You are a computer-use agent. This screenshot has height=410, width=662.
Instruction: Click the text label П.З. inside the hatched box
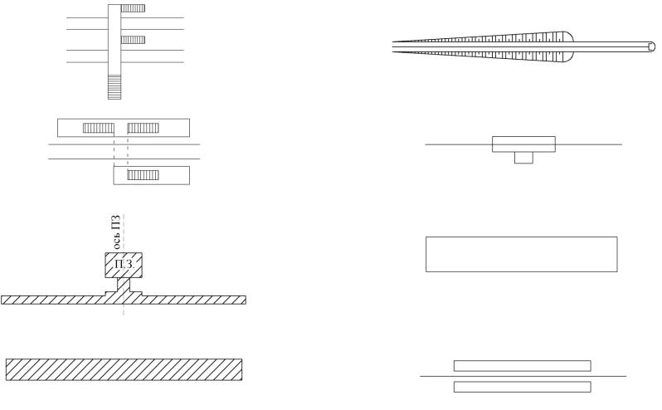click(x=124, y=265)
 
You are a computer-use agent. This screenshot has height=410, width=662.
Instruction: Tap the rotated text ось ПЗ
click(x=116, y=232)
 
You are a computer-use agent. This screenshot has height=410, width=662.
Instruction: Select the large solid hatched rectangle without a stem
click(x=124, y=369)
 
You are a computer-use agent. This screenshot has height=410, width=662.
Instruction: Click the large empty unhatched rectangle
click(x=522, y=254)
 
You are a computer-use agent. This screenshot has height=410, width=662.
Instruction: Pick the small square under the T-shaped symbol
click(x=523, y=158)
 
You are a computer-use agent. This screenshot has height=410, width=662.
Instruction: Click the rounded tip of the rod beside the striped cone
click(x=652, y=46)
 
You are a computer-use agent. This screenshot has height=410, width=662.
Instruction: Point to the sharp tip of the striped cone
click(x=393, y=46)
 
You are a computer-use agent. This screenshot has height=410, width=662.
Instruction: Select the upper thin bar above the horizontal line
click(x=523, y=366)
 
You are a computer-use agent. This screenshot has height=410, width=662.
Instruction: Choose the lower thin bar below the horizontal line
click(x=523, y=387)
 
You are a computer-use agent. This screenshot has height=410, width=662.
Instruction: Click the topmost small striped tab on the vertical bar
click(x=133, y=8)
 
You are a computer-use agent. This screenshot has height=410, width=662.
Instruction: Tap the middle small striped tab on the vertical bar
click(x=133, y=40)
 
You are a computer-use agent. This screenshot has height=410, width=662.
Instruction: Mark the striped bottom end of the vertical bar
click(x=114, y=87)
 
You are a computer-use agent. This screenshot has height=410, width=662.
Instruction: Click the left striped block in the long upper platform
click(x=99, y=128)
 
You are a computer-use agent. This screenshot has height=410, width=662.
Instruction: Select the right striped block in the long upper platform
click(x=144, y=128)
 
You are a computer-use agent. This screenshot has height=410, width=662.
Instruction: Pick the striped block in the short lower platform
click(x=144, y=175)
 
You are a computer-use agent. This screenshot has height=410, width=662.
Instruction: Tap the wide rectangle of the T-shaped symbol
click(x=523, y=144)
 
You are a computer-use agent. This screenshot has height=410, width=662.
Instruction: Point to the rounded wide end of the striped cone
click(x=566, y=46)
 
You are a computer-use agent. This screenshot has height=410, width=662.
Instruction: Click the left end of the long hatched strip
click(x=2, y=300)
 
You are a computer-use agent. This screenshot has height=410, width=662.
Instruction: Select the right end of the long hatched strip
click(x=246, y=300)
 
